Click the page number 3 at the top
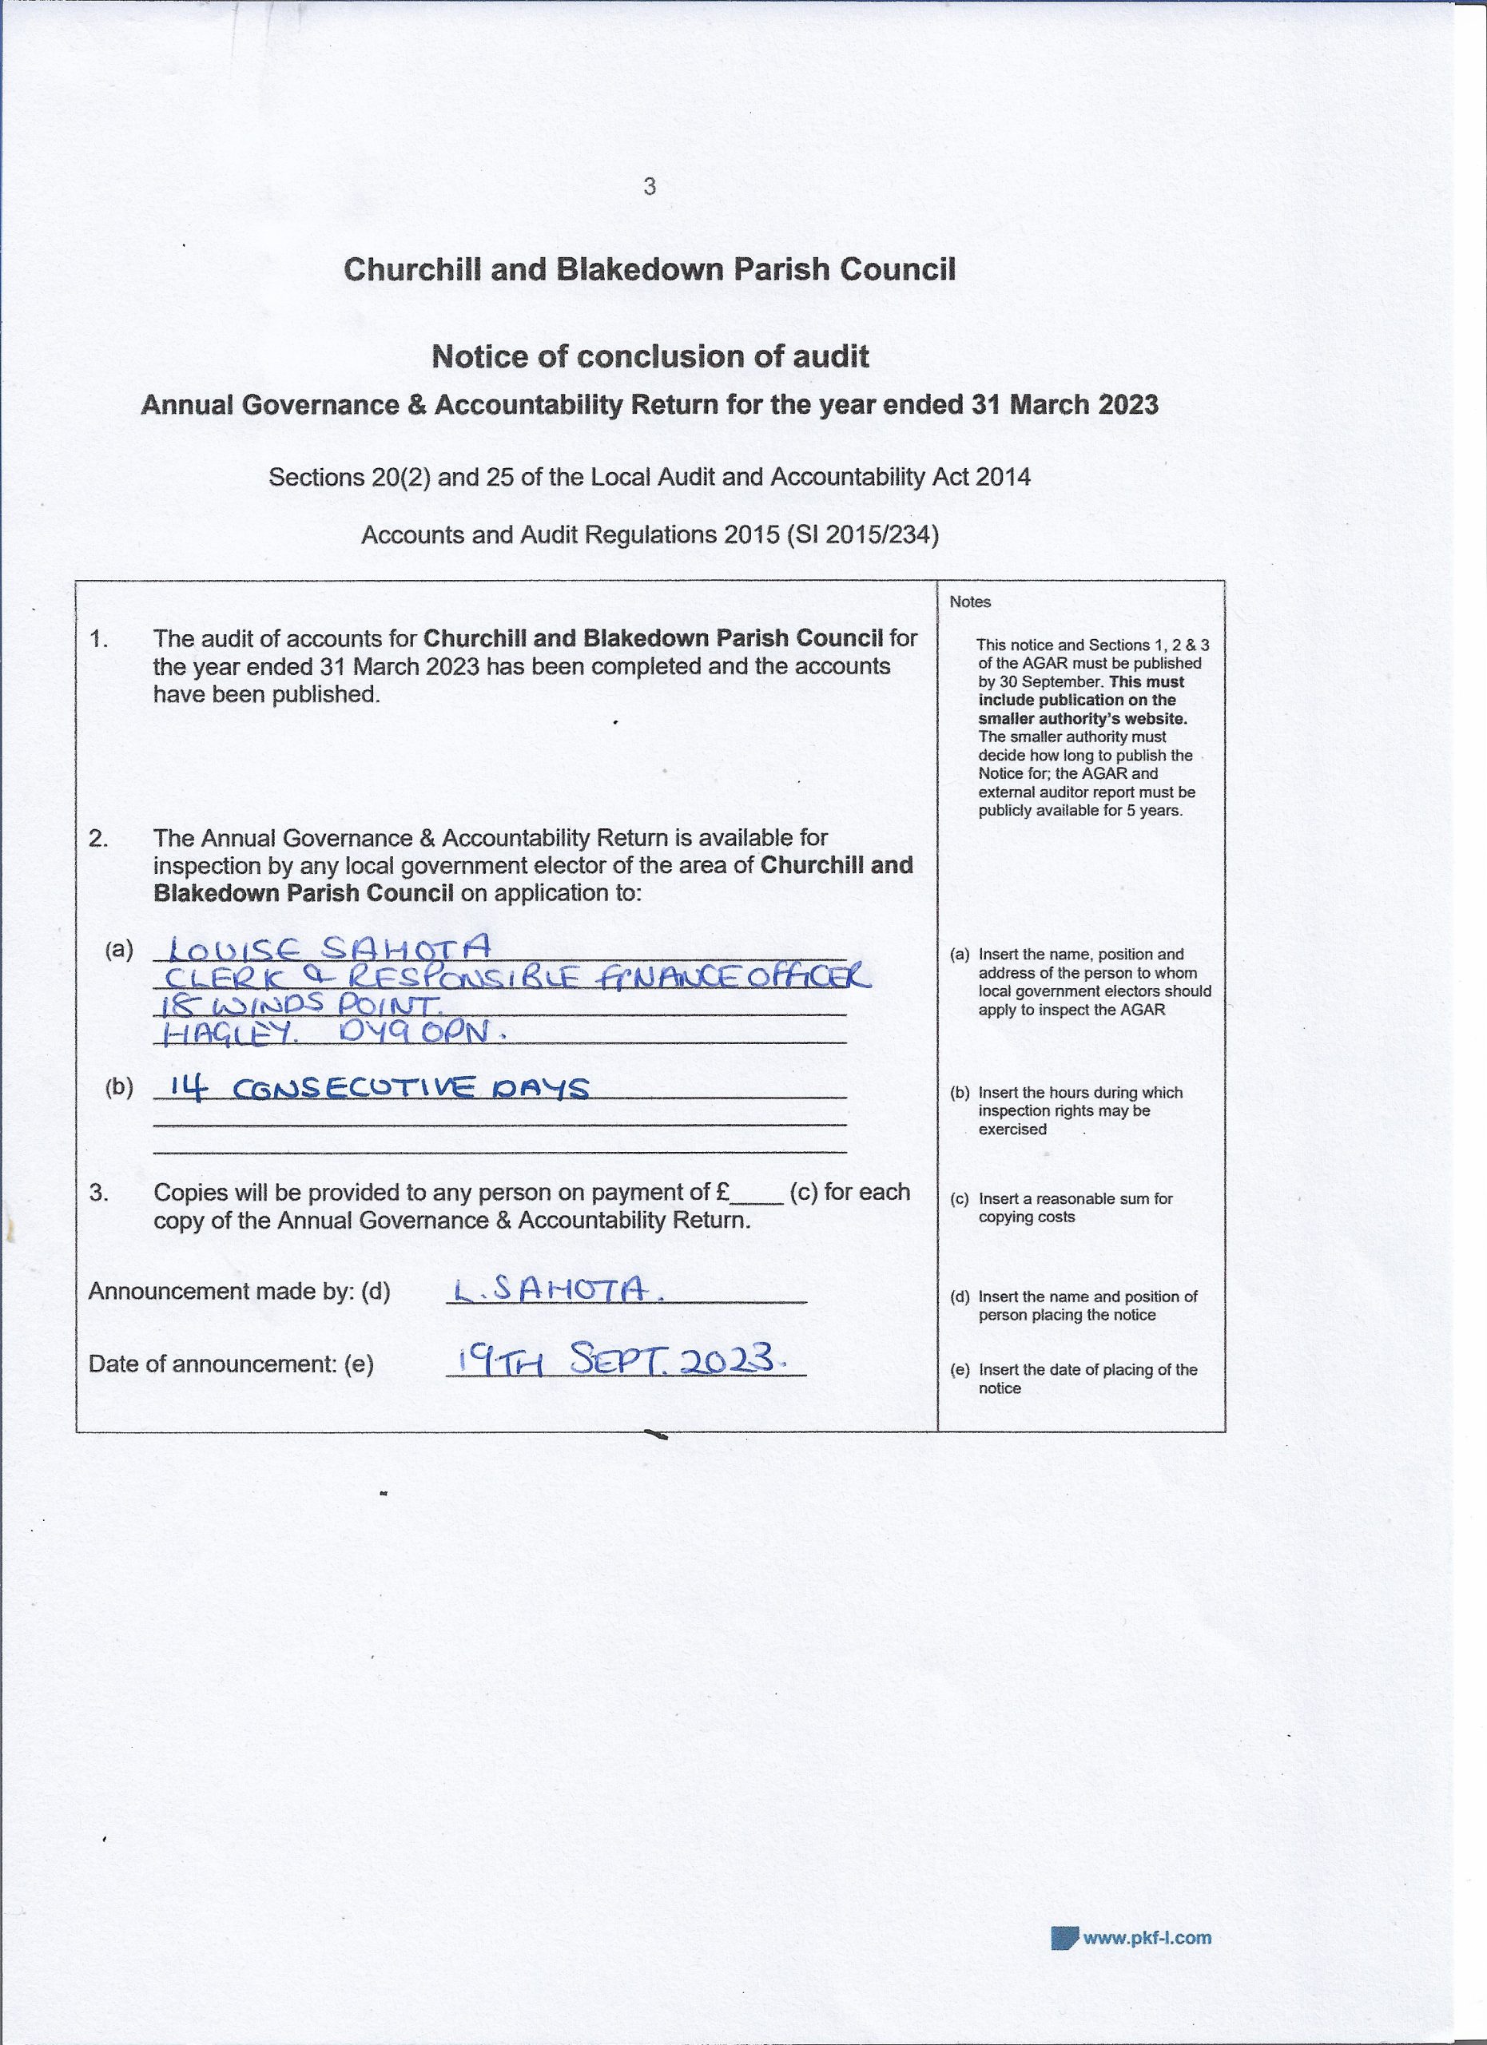(x=650, y=187)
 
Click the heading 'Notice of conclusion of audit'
(x=650, y=357)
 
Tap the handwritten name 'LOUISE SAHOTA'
(x=330, y=947)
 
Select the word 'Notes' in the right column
(x=969, y=602)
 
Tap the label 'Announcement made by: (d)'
(x=239, y=1292)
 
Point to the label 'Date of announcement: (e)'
(x=231, y=1364)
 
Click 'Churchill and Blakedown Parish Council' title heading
(x=650, y=269)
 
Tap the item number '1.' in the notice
(x=99, y=639)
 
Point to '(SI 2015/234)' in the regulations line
(x=863, y=535)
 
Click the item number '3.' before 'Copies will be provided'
(x=99, y=1193)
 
